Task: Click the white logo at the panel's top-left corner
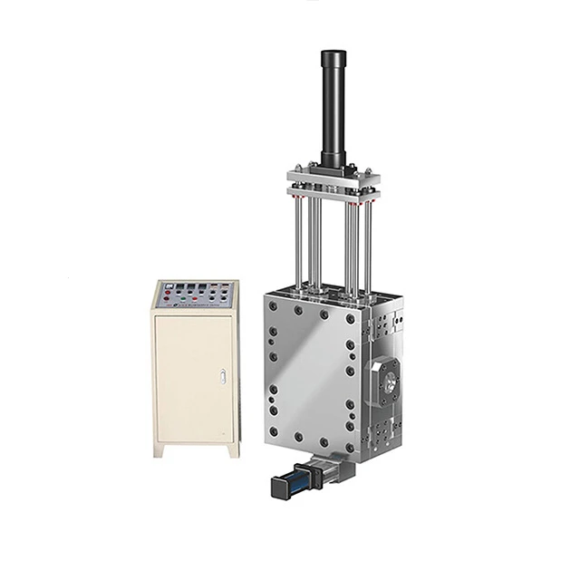tap(168, 286)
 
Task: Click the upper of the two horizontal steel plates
tap(330, 173)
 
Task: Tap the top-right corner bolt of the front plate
tap(351, 320)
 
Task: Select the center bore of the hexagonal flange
tap(390, 382)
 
